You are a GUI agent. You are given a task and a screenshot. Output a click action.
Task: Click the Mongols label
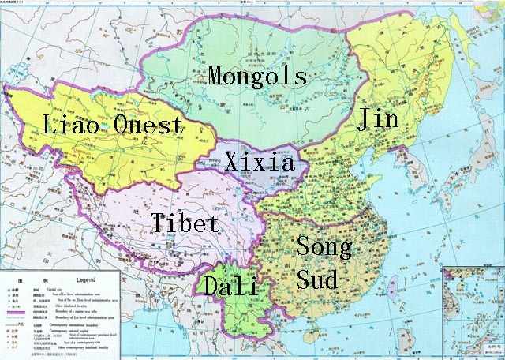256,76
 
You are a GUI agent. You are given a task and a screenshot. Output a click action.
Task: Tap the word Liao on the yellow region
66,125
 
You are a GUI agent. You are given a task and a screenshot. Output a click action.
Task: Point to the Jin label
378,119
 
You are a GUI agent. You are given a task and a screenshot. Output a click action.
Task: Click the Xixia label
260,163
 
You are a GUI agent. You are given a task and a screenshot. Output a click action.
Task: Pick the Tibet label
185,223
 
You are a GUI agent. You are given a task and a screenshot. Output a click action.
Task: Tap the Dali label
231,287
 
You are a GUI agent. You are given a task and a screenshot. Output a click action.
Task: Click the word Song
323,247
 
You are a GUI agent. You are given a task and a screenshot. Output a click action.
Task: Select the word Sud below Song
317,278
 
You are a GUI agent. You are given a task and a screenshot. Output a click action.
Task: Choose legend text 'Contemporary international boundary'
77,324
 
